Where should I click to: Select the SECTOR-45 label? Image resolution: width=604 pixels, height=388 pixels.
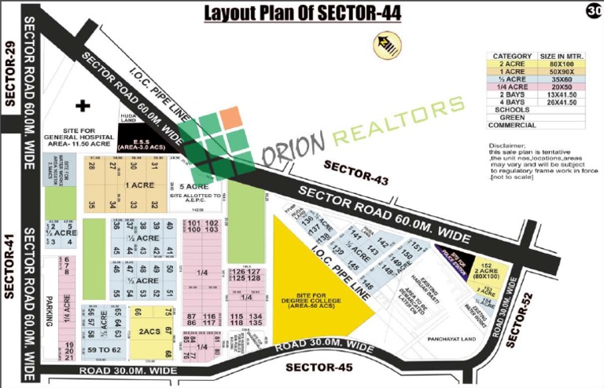(317, 367)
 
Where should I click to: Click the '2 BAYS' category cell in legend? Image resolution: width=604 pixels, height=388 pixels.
(512, 95)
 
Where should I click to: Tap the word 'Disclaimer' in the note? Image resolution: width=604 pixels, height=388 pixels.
(507, 144)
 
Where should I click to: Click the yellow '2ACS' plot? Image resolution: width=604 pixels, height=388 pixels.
(149, 331)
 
